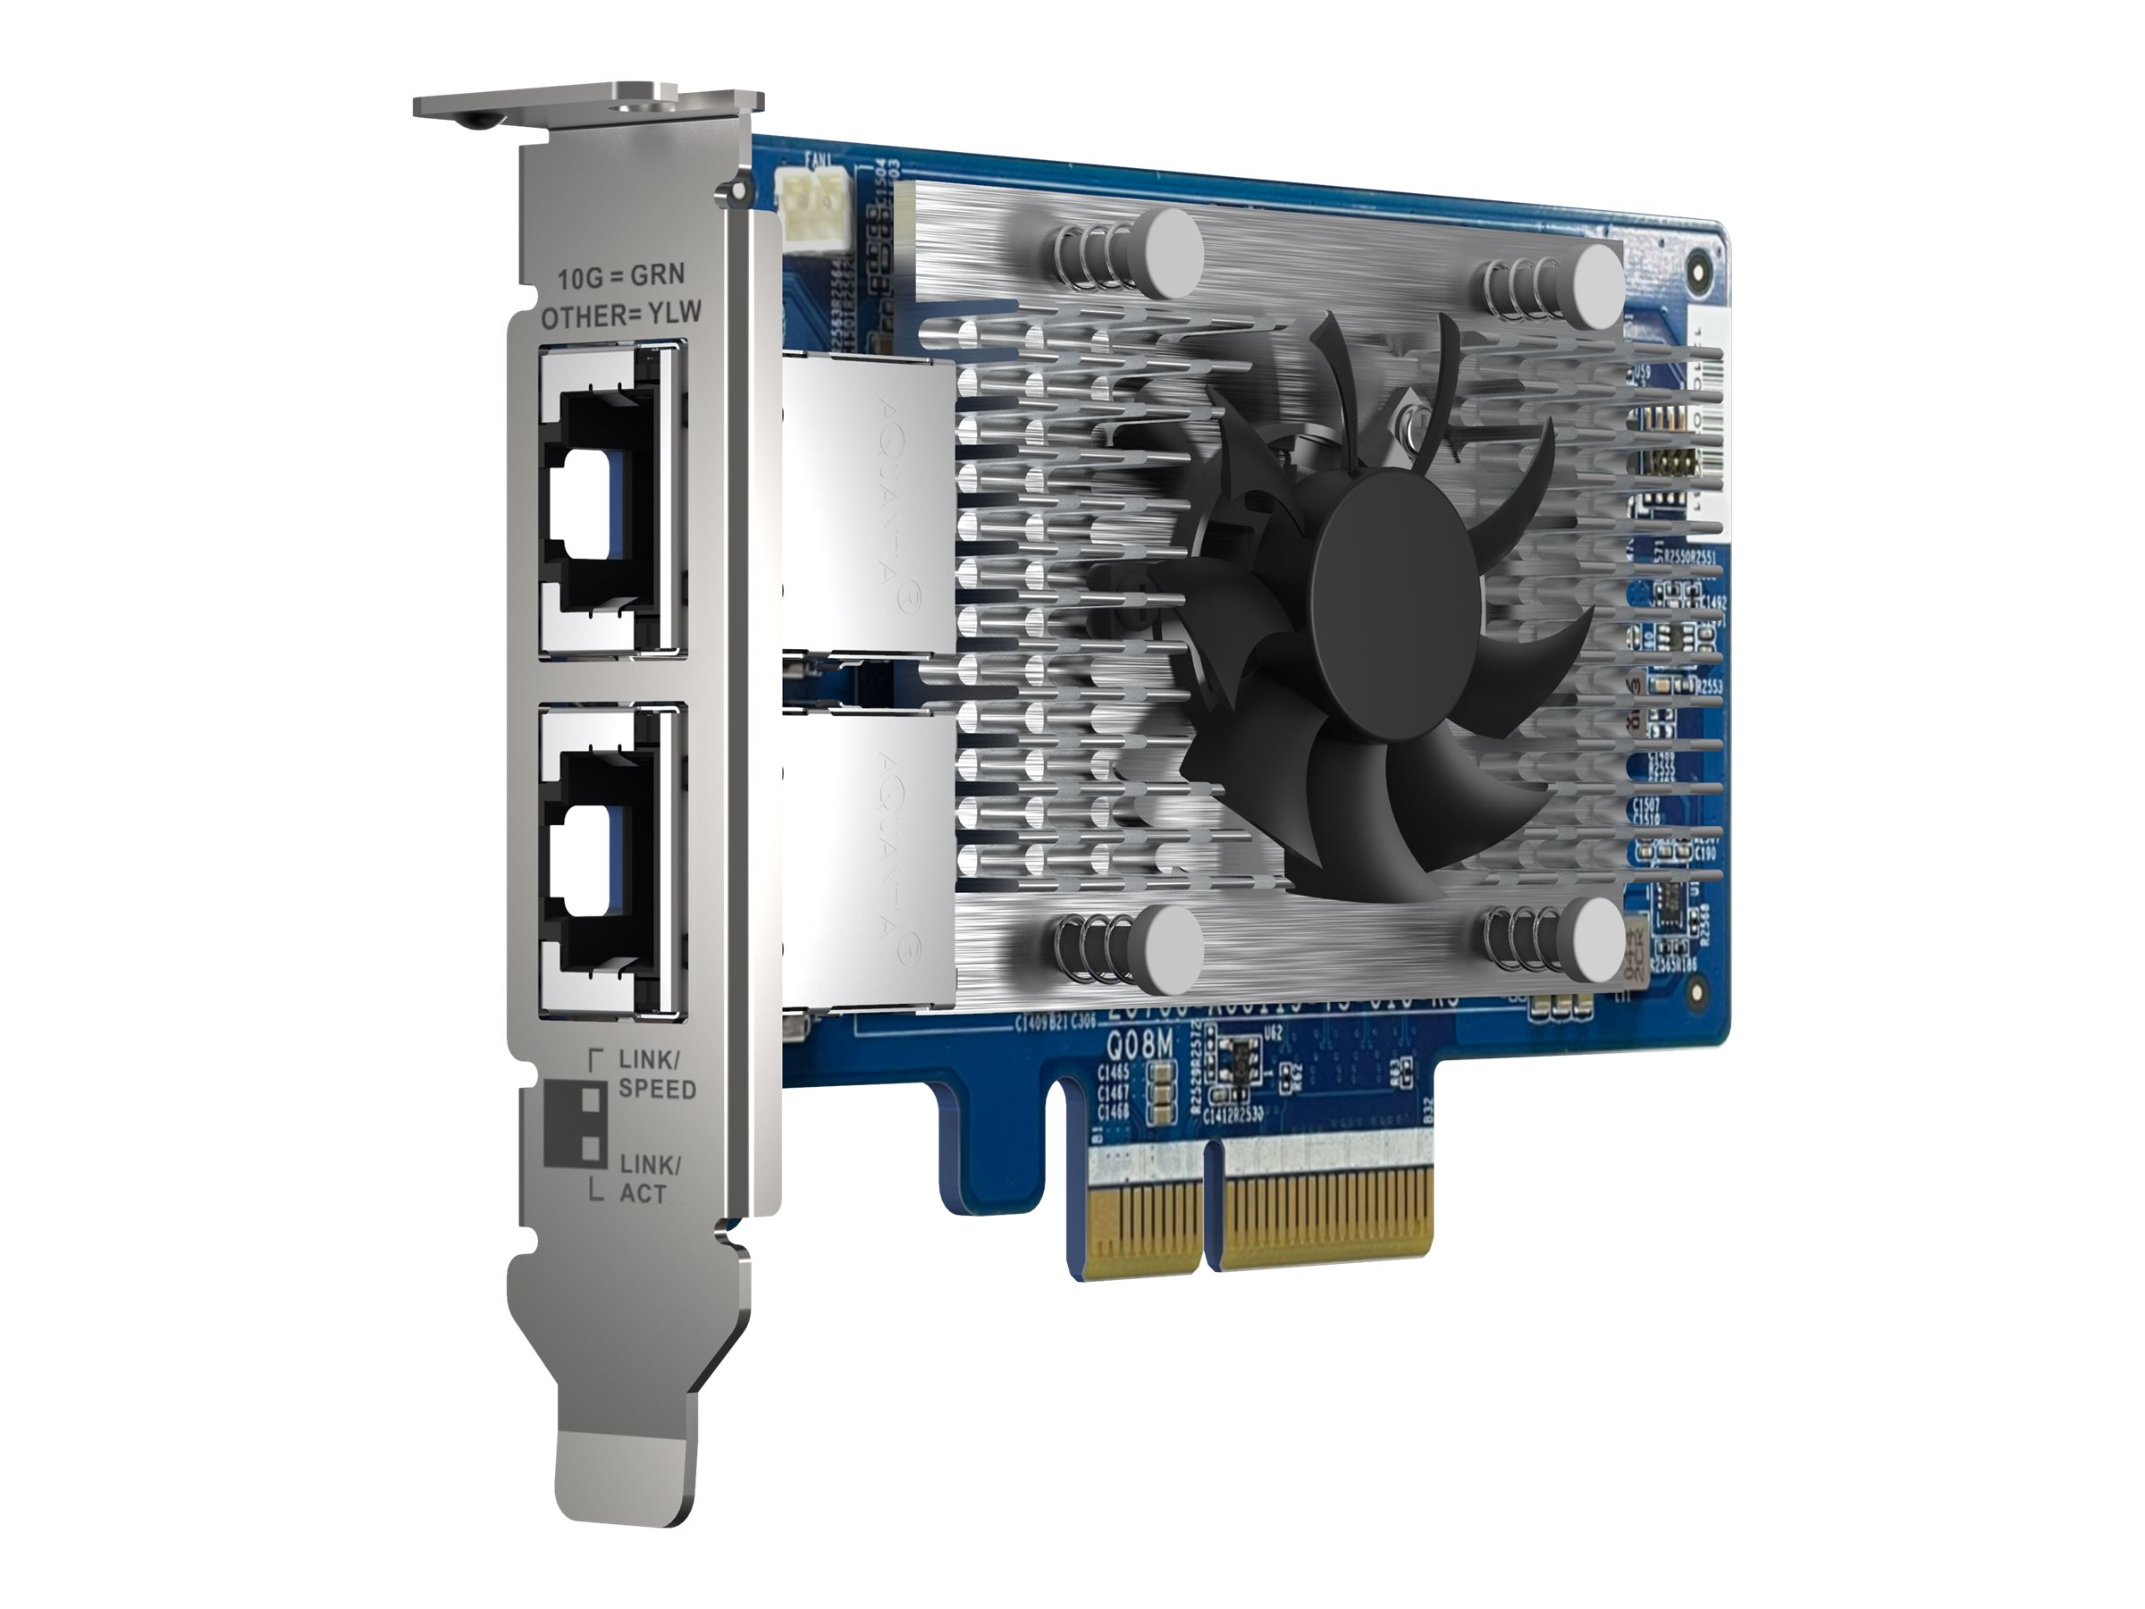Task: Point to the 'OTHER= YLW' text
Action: (620, 315)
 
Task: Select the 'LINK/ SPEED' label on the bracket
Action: (657, 1074)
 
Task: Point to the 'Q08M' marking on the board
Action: (1140, 1046)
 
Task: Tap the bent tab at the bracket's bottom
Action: (626, 1488)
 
